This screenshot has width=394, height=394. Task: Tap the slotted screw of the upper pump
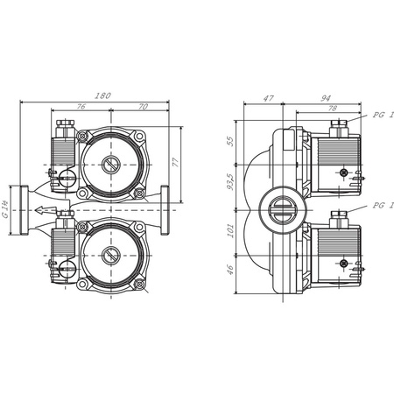tap(110, 164)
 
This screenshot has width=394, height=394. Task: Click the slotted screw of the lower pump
tap(110, 256)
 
